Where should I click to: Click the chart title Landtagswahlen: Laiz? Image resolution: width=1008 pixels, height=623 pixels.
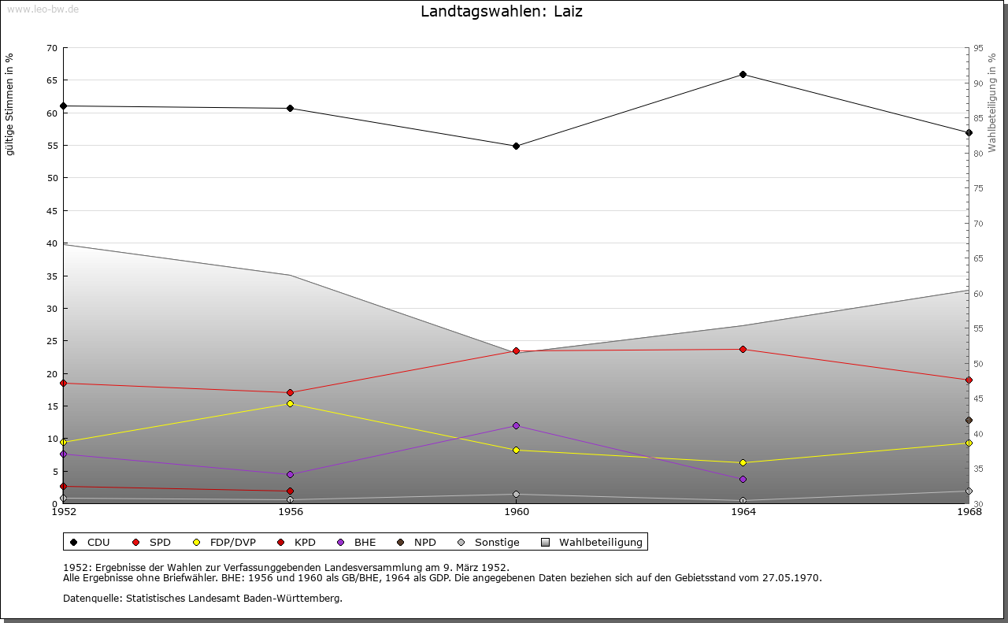(502, 12)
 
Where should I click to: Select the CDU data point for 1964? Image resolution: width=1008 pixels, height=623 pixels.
(743, 75)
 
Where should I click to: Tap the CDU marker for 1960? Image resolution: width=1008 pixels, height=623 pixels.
(516, 146)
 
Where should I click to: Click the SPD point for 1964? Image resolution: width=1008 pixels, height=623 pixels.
(743, 350)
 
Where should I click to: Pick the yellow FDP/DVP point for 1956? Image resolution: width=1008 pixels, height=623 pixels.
(290, 404)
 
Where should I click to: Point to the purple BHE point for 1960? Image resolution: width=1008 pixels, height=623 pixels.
(516, 426)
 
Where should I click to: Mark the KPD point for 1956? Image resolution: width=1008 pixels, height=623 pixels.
(290, 491)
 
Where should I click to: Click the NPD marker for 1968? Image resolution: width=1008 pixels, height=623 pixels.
(969, 421)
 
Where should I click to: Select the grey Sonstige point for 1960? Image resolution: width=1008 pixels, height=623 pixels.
(516, 495)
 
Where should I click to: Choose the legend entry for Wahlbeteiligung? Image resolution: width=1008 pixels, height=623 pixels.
(600, 543)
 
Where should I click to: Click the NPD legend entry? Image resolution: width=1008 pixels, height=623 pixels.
(424, 543)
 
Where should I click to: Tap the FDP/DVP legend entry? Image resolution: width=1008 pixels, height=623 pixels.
(232, 543)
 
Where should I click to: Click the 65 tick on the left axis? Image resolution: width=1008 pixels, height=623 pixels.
(51, 80)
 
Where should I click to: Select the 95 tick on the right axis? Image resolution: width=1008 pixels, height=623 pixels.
(978, 48)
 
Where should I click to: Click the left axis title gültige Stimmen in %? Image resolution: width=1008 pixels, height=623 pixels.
(10, 104)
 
